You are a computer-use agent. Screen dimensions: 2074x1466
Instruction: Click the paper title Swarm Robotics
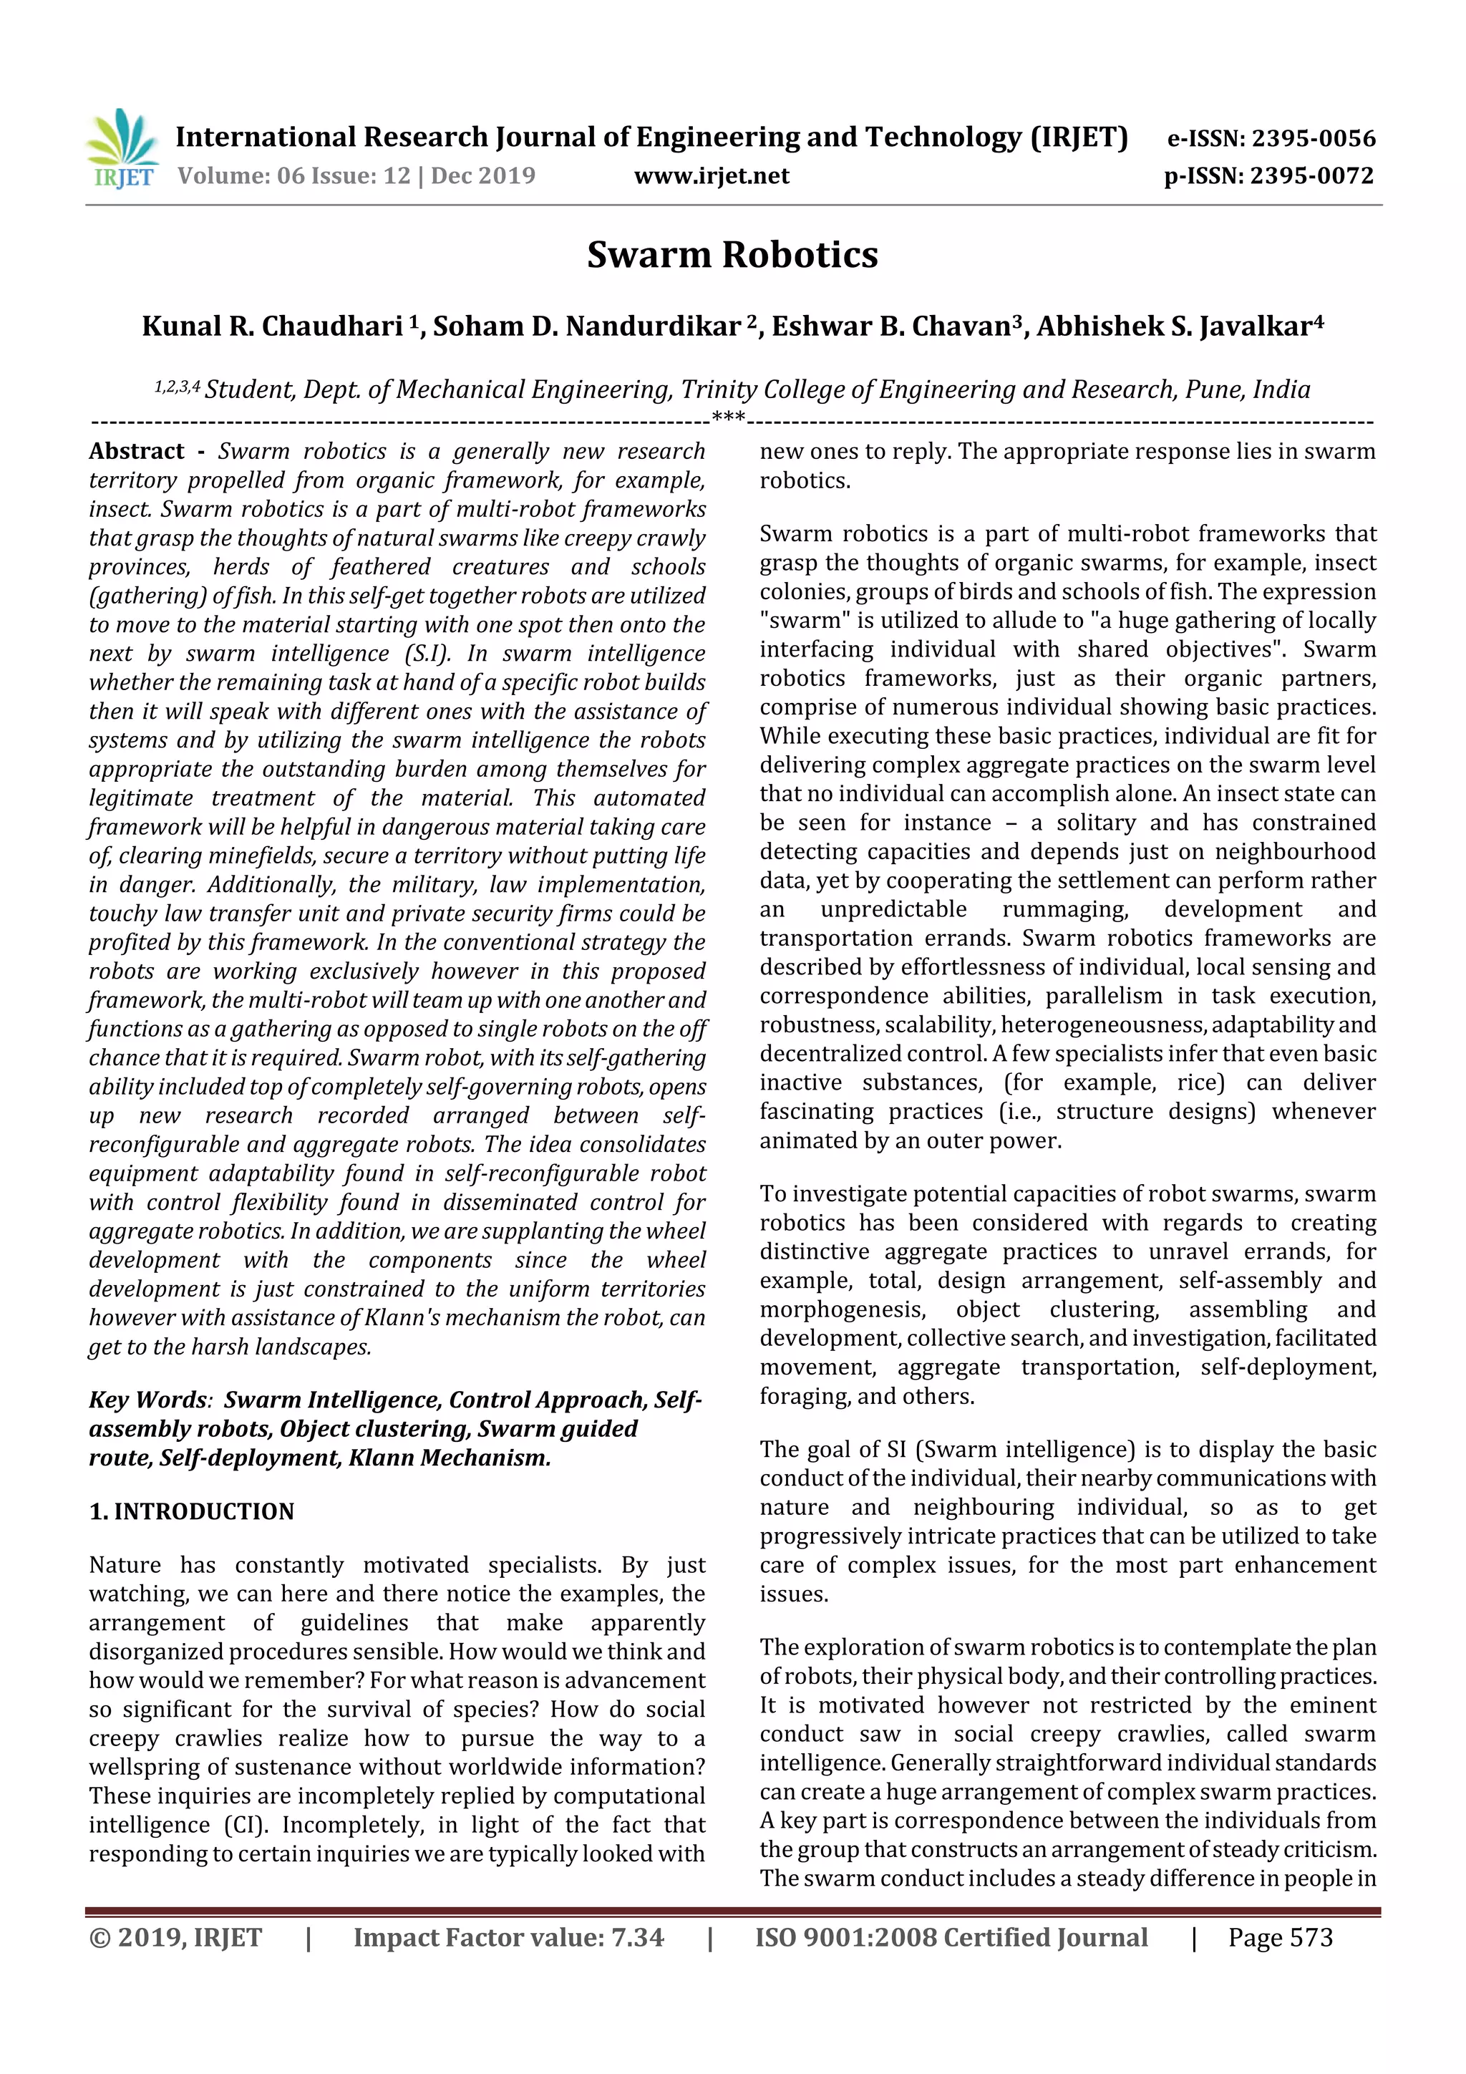[x=732, y=255]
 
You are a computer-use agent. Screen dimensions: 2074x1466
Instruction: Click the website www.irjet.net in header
[x=711, y=176]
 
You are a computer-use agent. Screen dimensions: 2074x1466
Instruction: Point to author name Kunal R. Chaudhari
[x=272, y=326]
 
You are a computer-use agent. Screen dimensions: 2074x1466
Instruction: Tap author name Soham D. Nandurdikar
[x=587, y=326]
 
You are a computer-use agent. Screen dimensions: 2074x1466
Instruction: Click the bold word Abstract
[x=137, y=451]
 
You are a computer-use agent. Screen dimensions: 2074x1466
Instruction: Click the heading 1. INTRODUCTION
[x=192, y=1511]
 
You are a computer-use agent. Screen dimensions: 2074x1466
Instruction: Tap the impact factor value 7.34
[x=637, y=1937]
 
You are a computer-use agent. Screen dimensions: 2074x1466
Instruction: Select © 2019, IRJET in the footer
[x=175, y=1937]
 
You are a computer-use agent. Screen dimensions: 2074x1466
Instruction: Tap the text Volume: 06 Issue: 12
[x=293, y=176]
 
